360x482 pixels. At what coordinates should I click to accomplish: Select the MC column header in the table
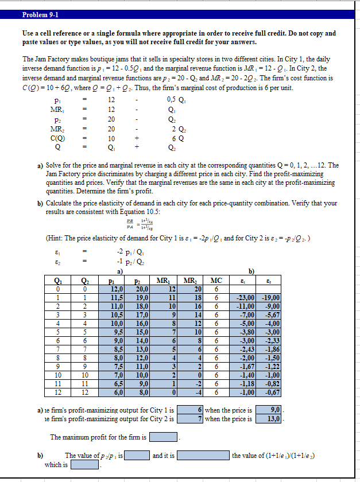(216, 280)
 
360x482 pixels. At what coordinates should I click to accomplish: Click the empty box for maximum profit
(163, 437)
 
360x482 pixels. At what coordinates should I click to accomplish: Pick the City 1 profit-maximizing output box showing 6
(189, 410)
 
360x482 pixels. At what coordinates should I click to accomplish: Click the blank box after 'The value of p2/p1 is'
(136, 456)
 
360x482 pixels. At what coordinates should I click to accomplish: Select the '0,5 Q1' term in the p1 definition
(173, 100)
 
